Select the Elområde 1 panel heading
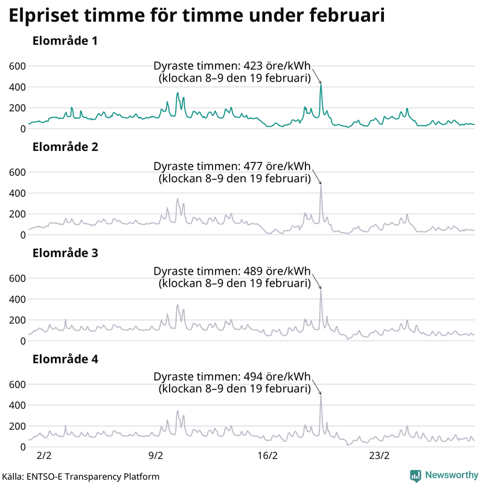point(65,42)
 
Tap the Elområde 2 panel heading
point(65,147)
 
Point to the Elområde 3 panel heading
point(65,253)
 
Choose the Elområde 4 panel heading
point(65,359)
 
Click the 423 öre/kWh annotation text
point(232,66)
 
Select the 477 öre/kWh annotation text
point(232,167)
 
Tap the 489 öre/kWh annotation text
point(232,271)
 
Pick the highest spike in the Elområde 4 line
point(321,395)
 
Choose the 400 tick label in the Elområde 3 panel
point(17,299)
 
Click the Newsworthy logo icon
point(415,476)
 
